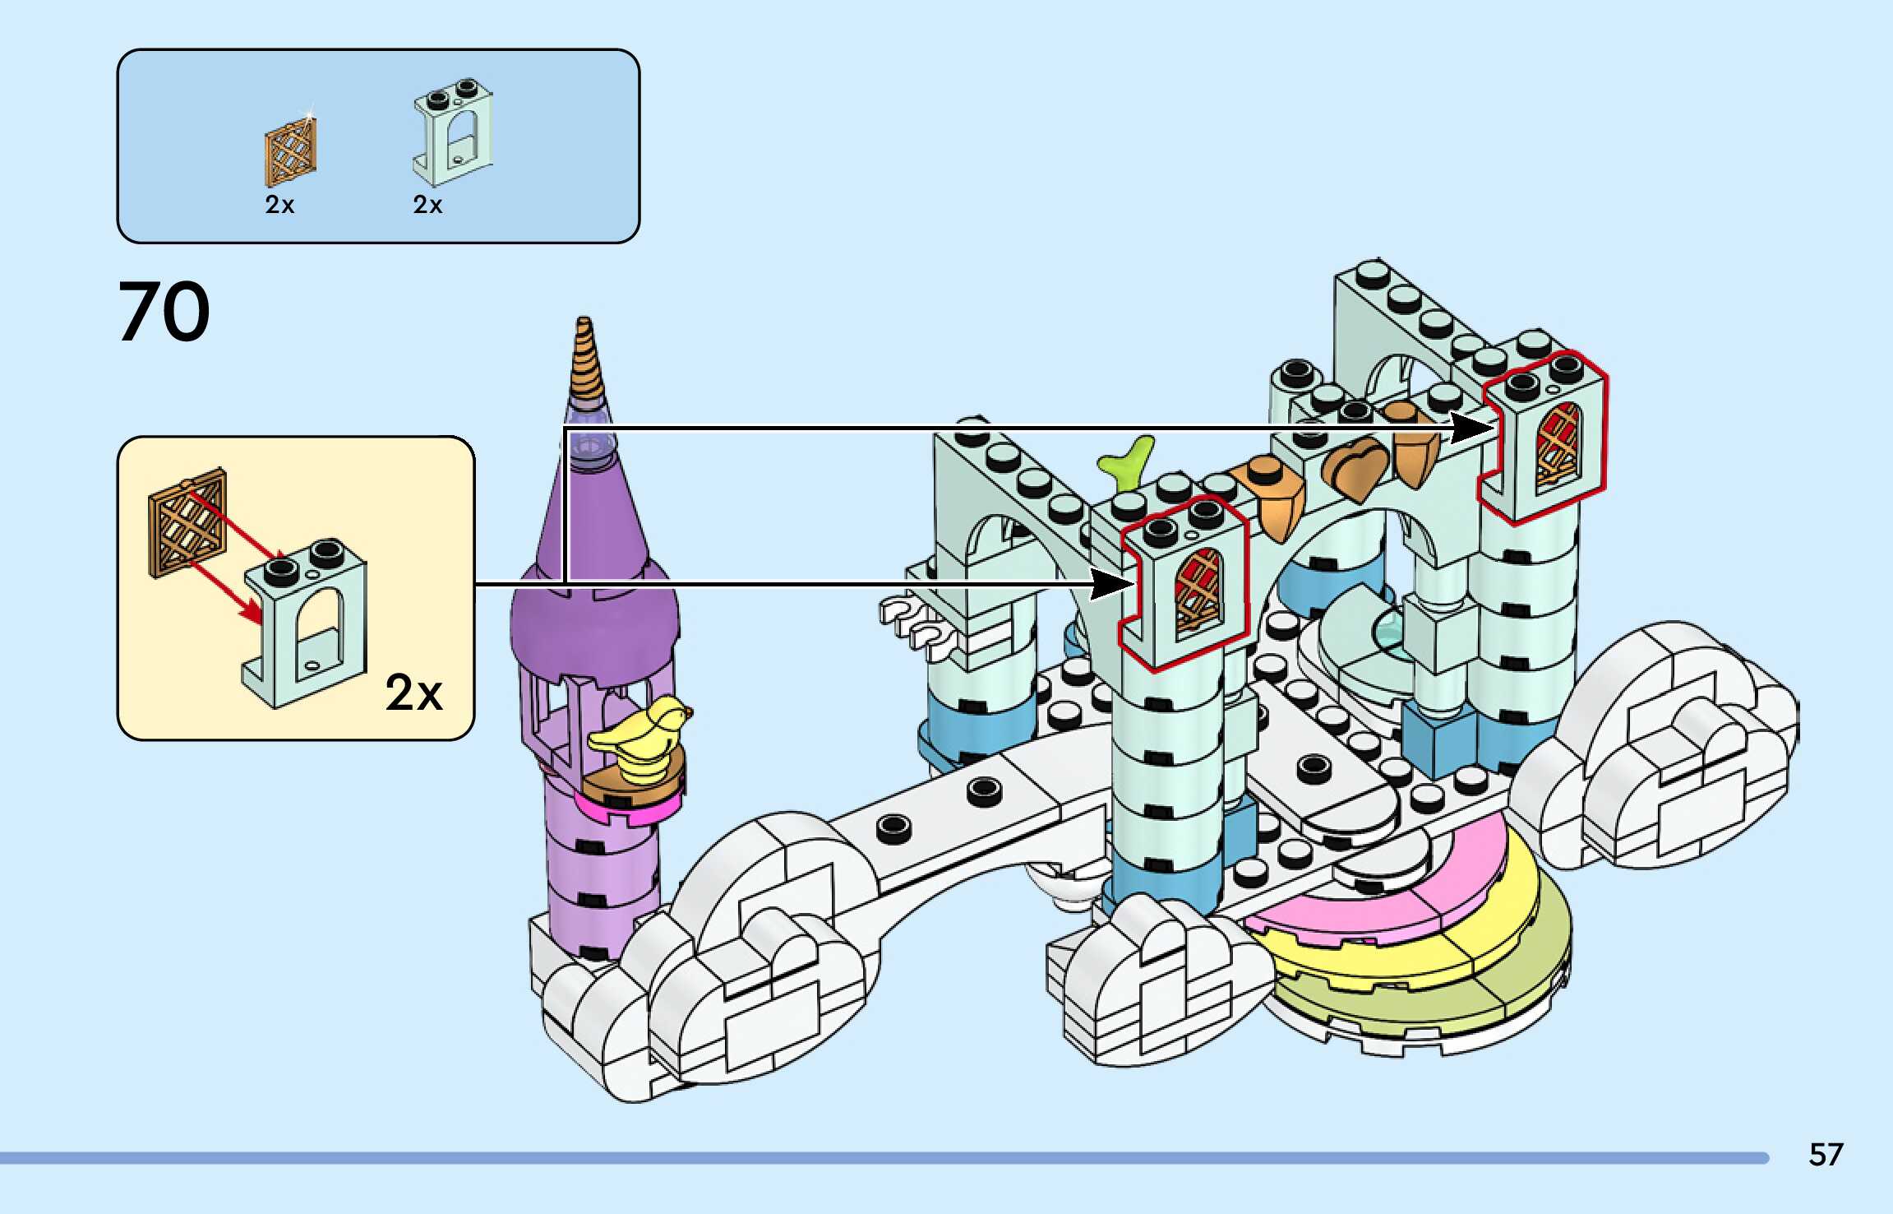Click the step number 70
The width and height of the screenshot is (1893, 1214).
pyautogui.click(x=164, y=312)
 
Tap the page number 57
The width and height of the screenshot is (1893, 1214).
pyautogui.click(x=1826, y=1155)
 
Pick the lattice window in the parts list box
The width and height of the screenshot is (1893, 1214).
pyautogui.click(x=290, y=151)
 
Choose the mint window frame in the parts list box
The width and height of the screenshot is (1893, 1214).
pyautogui.click(x=452, y=132)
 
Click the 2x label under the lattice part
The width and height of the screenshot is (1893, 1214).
pyautogui.click(x=279, y=205)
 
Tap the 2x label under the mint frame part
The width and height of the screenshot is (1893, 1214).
pyautogui.click(x=427, y=205)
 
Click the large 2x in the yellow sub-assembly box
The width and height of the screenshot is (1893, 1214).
pyautogui.click(x=413, y=693)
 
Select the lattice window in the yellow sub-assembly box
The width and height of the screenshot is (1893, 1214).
pyautogui.click(x=188, y=521)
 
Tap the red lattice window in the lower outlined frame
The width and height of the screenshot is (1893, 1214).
pyautogui.click(x=1198, y=594)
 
